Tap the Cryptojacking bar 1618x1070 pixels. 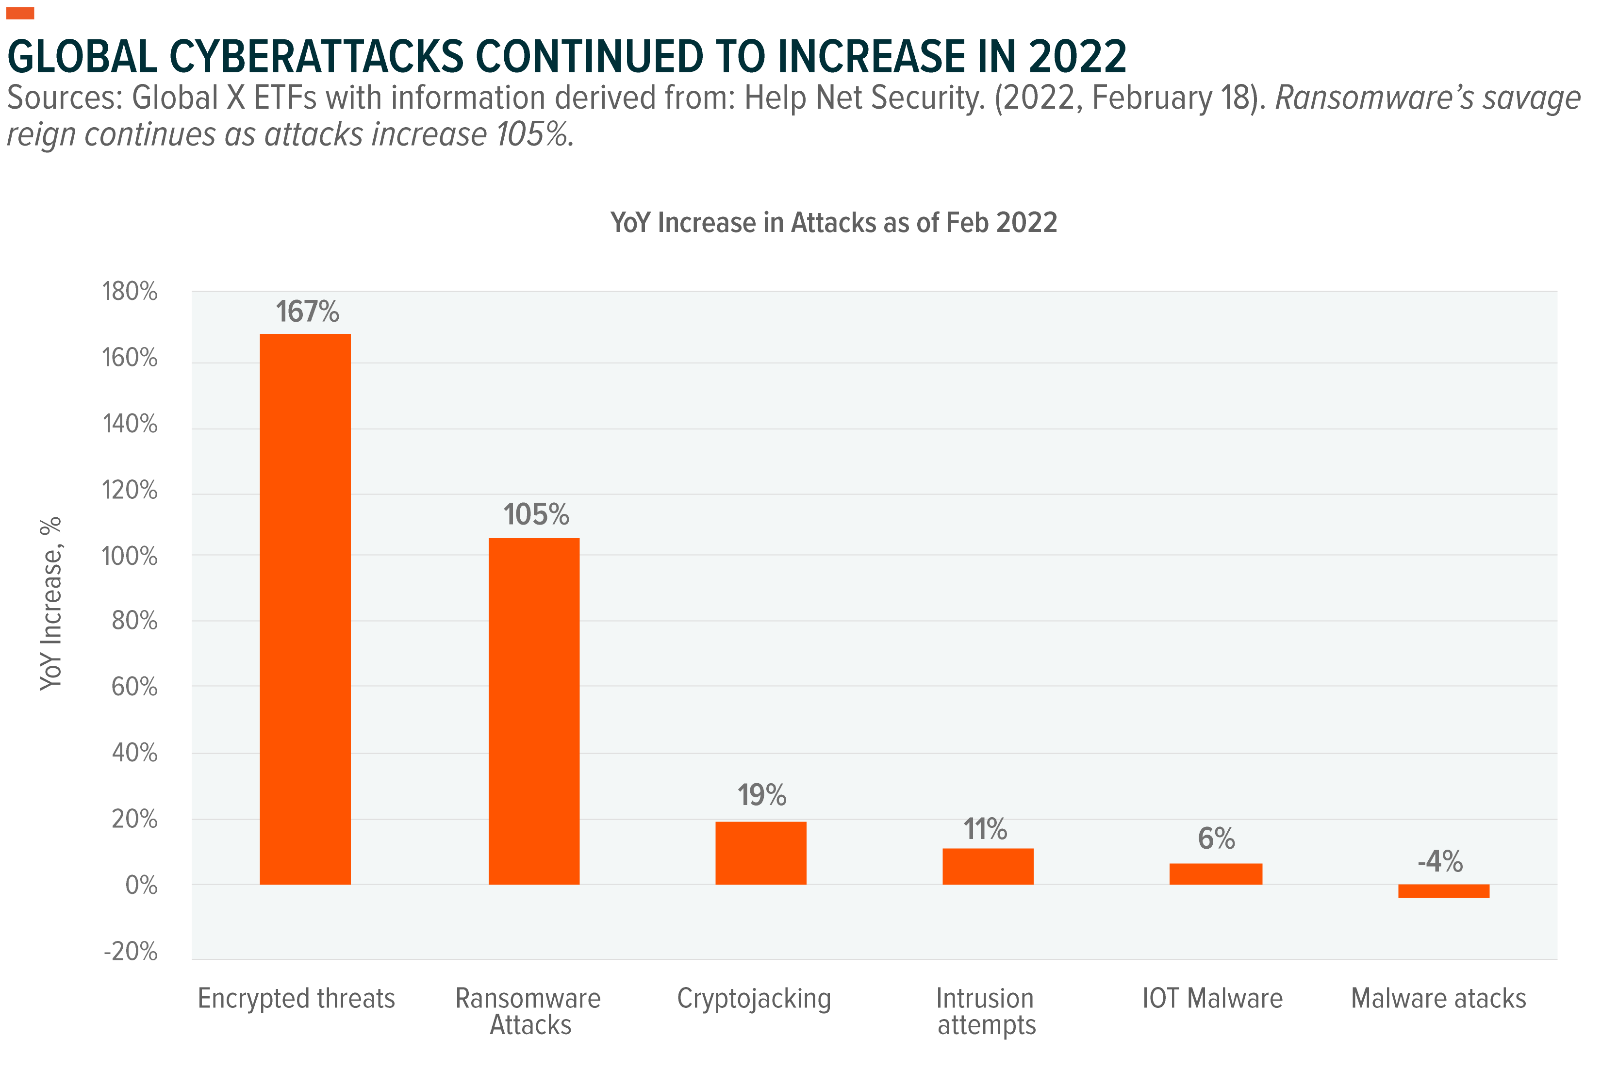click(x=760, y=853)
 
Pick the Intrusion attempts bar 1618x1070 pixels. click(x=988, y=866)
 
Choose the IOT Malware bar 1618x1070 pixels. click(x=1215, y=873)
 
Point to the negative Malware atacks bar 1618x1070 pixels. click(x=1443, y=890)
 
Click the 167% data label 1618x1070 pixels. click(x=307, y=312)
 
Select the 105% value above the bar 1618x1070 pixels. click(x=536, y=514)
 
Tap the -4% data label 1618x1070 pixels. click(x=1440, y=861)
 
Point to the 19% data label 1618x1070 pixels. click(x=761, y=795)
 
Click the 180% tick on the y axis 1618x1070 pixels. click(x=130, y=292)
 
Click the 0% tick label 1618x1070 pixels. click(x=141, y=886)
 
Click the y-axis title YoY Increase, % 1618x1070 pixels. click(x=51, y=604)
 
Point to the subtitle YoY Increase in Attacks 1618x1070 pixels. click(x=833, y=222)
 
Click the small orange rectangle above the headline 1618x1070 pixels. click(x=20, y=13)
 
